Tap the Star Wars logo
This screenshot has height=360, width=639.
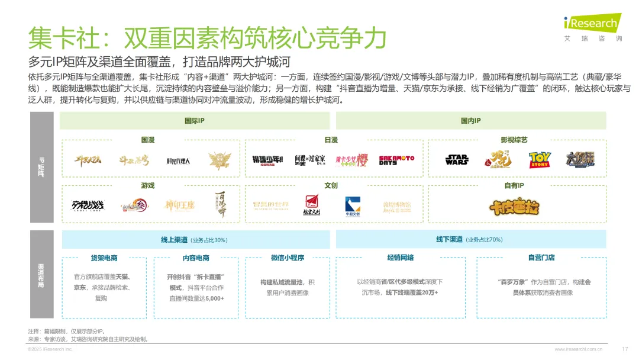pyautogui.click(x=457, y=159)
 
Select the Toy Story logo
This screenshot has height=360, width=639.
pyautogui.click(x=540, y=160)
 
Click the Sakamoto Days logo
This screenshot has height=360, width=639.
pyautogui.click(x=396, y=160)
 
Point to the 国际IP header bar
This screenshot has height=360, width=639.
pyautogui.click(x=195, y=121)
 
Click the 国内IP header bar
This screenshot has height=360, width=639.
pyautogui.click(x=471, y=121)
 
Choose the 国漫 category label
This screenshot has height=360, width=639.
pyautogui.click(x=148, y=140)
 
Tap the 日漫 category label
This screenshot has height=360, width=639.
pyautogui.click(x=331, y=140)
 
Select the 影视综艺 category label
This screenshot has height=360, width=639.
pyautogui.click(x=514, y=140)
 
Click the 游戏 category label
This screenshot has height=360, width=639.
pyautogui.click(x=148, y=185)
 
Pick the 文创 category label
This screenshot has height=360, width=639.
pyautogui.click(x=331, y=185)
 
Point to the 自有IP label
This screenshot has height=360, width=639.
pyautogui.click(x=514, y=185)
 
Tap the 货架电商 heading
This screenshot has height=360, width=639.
pyautogui.click(x=104, y=258)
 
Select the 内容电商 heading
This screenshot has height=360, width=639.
pyautogui.click(x=196, y=258)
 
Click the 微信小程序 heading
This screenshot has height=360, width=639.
pyautogui.click(x=287, y=258)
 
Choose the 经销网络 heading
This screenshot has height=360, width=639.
pyautogui.click(x=401, y=257)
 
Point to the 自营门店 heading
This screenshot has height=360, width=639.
pyautogui.click(x=541, y=257)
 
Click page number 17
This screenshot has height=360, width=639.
pyautogui.click(x=625, y=349)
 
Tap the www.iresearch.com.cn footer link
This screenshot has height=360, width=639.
pyautogui.click(x=579, y=349)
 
